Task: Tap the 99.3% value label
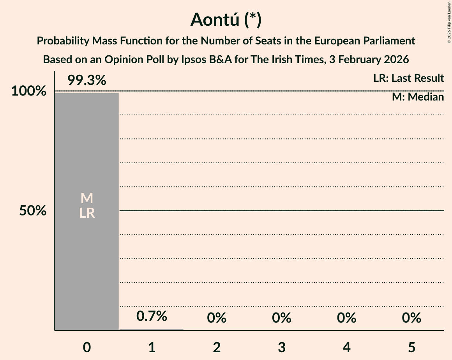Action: [x=87, y=81]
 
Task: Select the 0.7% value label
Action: [x=152, y=316]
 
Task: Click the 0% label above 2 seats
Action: [x=217, y=318]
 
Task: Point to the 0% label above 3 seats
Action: [x=282, y=318]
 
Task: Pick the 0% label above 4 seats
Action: [x=346, y=318]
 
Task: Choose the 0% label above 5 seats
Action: [x=411, y=318]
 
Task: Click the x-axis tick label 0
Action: [x=87, y=347]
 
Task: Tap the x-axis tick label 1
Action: [x=152, y=347]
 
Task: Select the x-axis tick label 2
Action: [x=217, y=347]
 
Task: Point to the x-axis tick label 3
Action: [x=282, y=347]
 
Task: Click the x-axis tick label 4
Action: [x=346, y=347]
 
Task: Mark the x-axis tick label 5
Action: [x=411, y=347]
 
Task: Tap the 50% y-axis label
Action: [x=33, y=211]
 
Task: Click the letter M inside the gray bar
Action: [x=87, y=198]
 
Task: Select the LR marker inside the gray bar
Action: [x=87, y=213]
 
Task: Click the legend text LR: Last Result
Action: [x=408, y=78]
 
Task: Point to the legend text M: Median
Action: [x=418, y=97]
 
